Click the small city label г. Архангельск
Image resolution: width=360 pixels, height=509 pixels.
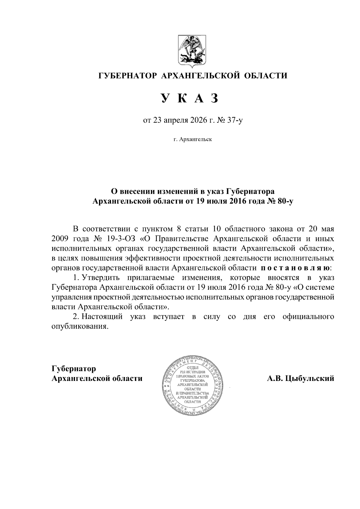coord(192,139)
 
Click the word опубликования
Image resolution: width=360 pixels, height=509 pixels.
coord(79,326)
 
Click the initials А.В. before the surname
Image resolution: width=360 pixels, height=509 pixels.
coord(275,379)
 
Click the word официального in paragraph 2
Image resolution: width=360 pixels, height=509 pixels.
coord(308,317)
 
